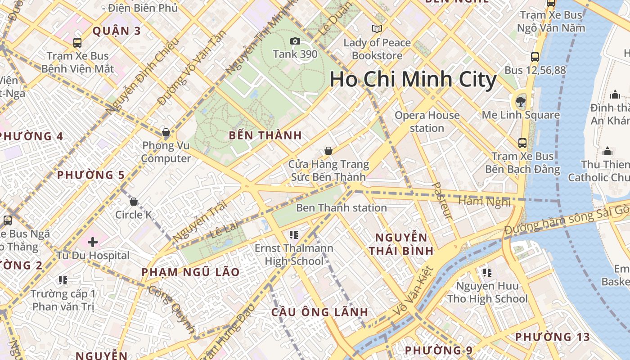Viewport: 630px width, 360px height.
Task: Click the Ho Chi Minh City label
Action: [413, 80]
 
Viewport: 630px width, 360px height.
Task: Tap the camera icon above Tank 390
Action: [295, 41]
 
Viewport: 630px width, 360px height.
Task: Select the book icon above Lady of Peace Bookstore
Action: [377, 29]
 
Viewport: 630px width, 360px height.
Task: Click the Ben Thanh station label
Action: [341, 208]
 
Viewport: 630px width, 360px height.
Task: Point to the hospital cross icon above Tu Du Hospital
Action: [93, 243]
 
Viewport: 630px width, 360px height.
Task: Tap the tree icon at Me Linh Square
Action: [521, 101]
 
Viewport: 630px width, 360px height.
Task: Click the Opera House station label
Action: [427, 121]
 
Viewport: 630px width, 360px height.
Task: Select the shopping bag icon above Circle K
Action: [134, 201]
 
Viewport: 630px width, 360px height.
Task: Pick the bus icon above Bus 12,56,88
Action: [535, 57]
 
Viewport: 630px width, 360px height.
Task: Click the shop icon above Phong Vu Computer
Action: [166, 132]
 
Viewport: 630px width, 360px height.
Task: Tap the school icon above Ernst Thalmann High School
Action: [294, 234]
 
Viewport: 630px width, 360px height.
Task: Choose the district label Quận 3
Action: [117, 31]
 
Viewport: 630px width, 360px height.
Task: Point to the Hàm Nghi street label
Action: [484, 201]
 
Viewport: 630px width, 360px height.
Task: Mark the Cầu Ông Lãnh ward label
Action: [320, 312]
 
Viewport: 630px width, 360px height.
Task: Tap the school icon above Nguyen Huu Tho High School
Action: [487, 273]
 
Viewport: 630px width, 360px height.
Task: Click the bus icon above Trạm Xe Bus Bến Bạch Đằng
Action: [522, 143]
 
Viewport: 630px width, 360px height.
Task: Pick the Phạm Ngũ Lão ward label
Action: [190, 272]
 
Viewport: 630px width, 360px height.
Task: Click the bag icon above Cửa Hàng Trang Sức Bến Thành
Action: [328, 151]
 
